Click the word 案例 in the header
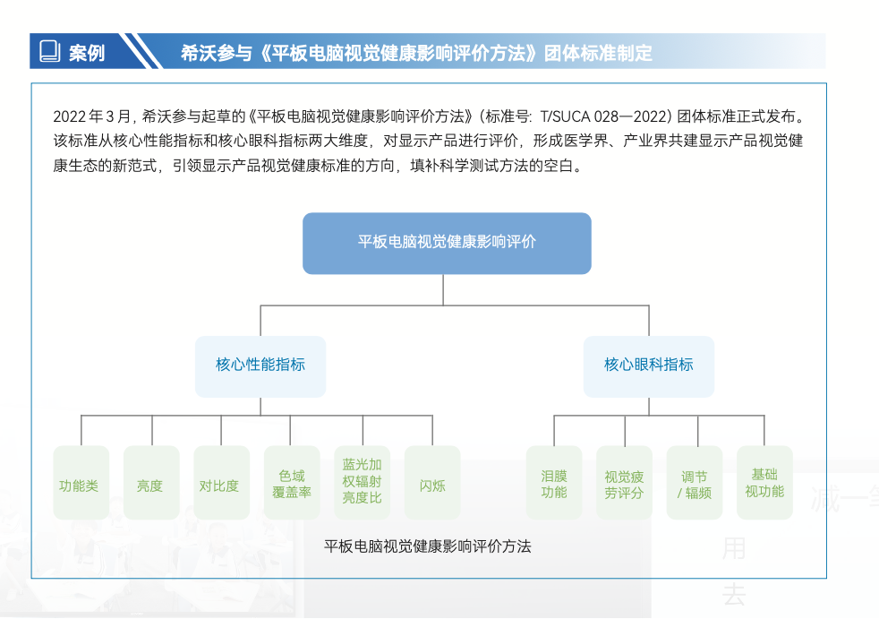tap(87, 52)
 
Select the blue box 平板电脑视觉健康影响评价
tap(447, 243)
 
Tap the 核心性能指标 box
tap(260, 365)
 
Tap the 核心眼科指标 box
tap(649, 365)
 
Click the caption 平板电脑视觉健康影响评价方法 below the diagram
tap(428, 546)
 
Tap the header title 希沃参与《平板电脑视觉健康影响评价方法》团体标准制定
tap(416, 52)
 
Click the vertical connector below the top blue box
tap(444, 289)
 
